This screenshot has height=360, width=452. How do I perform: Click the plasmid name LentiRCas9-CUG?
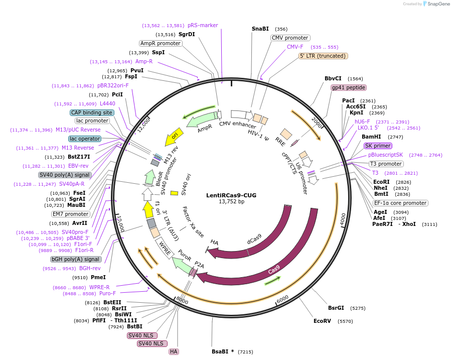point(231,195)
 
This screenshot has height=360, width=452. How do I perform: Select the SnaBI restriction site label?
point(260,29)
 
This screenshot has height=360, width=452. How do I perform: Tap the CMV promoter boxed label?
point(290,38)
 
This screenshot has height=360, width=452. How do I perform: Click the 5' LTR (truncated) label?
point(323,56)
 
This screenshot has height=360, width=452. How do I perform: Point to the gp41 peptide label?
point(348,87)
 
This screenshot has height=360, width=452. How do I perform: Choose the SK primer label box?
point(378,146)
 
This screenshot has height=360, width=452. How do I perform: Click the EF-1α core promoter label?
point(400,203)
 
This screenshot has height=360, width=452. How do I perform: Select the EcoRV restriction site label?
point(322,320)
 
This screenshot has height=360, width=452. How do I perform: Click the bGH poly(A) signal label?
point(76,259)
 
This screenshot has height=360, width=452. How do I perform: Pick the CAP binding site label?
point(92,112)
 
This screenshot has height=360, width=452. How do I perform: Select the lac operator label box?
point(85,139)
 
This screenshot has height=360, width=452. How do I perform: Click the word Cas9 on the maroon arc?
point(274,271)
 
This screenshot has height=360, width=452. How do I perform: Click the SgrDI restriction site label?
point(187,35)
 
